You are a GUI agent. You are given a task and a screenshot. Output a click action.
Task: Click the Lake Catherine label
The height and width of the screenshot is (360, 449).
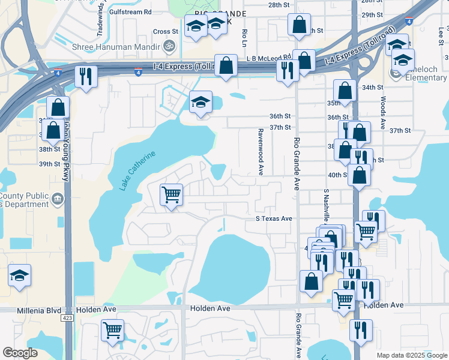(137, 170)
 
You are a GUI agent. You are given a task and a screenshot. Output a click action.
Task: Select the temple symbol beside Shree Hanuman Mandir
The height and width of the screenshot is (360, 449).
(169, 44)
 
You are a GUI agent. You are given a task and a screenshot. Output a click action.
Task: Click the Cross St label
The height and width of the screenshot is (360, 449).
(166, 31)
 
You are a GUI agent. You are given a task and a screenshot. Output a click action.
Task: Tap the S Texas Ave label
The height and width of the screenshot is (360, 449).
(274, 219)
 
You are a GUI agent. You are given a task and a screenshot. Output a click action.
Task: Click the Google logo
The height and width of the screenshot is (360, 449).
(20, 353)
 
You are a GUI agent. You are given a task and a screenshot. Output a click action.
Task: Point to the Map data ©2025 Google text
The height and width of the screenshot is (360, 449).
(411, 355)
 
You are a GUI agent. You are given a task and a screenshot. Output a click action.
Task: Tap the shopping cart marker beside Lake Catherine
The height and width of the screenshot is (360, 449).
(172, 194)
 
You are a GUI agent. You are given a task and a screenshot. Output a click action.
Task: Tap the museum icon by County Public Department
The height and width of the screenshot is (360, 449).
(58, 199)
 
